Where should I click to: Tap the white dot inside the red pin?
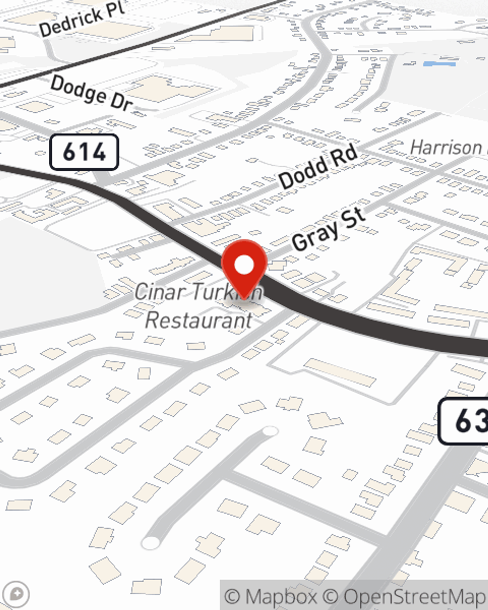point(244,265)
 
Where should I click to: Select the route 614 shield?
point(84,152)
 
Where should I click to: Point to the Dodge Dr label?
point(91,92)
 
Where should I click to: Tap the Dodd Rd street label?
point(318,167)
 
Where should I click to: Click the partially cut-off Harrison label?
point(447,147)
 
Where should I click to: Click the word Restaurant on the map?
point(199,321)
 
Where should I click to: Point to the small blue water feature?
point(439,64)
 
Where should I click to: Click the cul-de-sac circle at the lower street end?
point(150,542)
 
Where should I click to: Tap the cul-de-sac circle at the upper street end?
point(270,431)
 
